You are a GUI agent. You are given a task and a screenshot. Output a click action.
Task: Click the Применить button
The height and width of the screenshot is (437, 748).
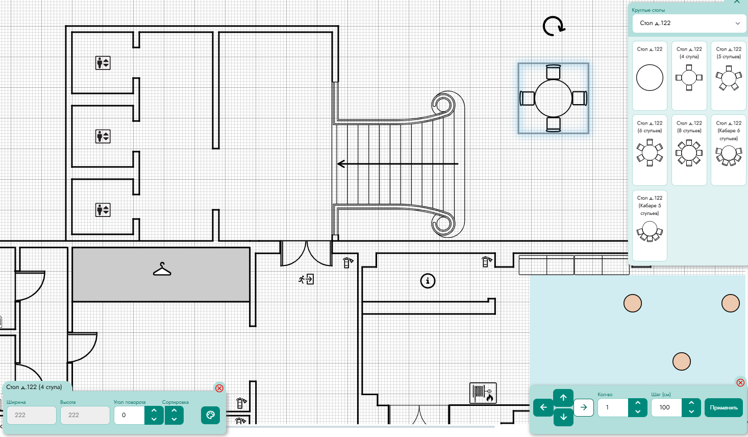coord(724,407)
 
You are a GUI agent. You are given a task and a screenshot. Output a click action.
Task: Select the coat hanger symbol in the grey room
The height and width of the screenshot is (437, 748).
coord(162,269)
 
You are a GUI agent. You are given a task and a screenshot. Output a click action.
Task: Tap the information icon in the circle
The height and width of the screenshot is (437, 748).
coord(428,281)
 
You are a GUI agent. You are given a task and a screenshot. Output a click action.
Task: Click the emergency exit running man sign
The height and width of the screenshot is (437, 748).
coord(306,279)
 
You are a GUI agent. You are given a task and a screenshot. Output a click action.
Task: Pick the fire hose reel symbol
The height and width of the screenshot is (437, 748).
coord(483,393)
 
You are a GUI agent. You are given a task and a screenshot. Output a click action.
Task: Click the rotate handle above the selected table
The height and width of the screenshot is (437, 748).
coord(553,26)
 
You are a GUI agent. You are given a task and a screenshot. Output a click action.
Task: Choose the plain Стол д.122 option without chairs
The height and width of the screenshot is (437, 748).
coord(650,76)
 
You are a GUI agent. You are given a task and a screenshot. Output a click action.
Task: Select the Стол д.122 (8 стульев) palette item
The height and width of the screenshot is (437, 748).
coord(689,150)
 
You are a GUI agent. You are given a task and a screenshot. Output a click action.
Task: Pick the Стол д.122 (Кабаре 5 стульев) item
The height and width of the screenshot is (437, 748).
coord(650,226)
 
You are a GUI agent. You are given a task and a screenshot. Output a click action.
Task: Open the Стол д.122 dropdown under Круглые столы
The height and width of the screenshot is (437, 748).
coord(689,23)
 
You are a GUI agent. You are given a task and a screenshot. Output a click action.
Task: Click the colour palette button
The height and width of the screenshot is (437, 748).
coord(210,415)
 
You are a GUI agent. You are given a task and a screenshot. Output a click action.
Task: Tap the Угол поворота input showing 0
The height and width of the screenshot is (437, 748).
coord(129,415)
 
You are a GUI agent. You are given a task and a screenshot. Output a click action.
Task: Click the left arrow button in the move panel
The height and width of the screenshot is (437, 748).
coord(543,407)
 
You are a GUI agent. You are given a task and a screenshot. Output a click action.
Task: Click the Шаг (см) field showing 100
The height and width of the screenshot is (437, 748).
coord(666,407)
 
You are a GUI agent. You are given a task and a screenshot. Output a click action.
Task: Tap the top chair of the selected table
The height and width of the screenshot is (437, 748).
coord(553,72)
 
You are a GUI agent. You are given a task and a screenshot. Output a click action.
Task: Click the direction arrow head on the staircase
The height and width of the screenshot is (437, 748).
coord(341,164)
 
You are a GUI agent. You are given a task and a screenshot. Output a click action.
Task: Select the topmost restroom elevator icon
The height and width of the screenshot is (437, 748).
coord(103,63)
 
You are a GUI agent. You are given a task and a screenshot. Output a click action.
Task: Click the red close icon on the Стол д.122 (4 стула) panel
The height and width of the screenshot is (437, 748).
coord(219,388)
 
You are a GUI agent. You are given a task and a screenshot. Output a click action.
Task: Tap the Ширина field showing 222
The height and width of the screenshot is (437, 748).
coord(32,415)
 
